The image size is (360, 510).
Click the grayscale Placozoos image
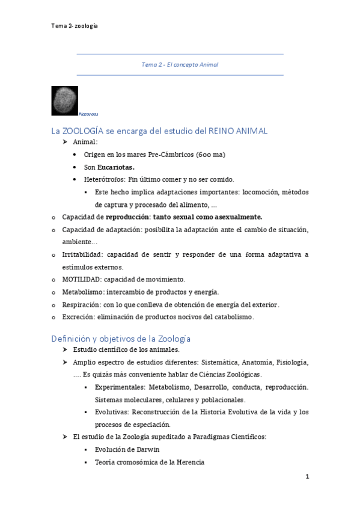pyautogui.click(x=65, y=100)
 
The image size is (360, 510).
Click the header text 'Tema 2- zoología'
pyautogui.click(x=75, y=26)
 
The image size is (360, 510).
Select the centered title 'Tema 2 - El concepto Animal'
pyautogui.click(x=180, y=64)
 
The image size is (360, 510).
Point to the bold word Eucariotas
pyautogui.click(x=118, y=167)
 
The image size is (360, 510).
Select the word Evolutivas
pyautogui.click(x=112, y=412)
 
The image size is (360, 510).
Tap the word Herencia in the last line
pyautogui.click(x=189, y=462)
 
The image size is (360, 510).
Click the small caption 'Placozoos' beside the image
pyautogui.click(x=88, y=114)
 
